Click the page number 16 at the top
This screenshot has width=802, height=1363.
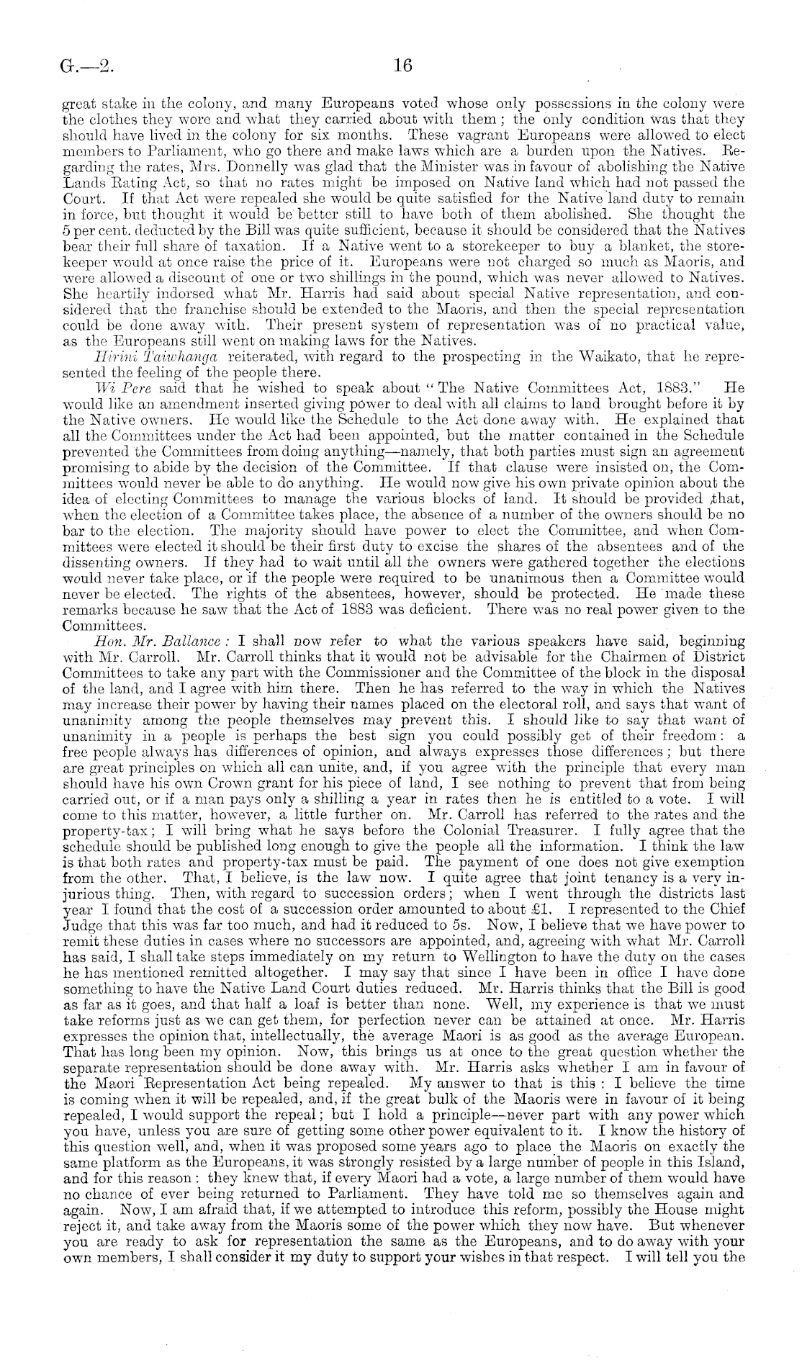[402, 67]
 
